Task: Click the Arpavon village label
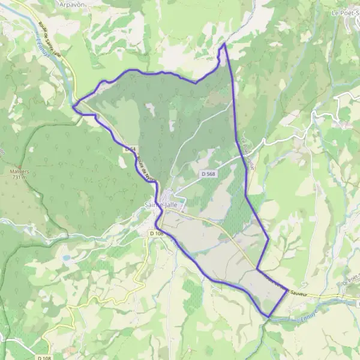point(73,4)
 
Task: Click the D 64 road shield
point(131,149)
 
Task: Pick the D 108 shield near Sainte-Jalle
point(157,233)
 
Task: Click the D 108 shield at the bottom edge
point(43,358)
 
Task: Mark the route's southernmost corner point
point(269,317)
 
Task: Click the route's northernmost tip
point(224,44)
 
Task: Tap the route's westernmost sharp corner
point(73,107)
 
